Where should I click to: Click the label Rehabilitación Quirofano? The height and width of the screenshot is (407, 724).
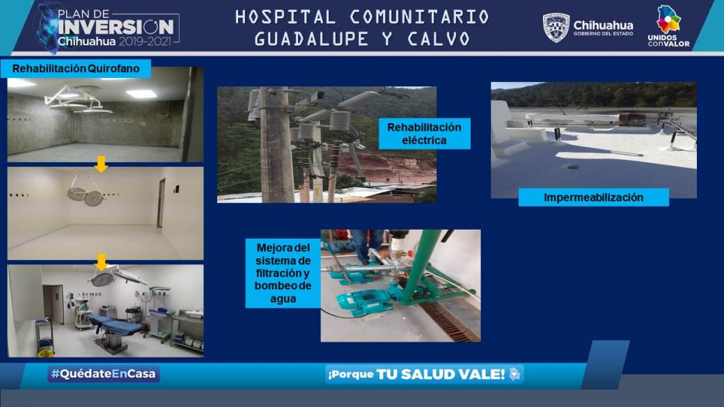[76, 69]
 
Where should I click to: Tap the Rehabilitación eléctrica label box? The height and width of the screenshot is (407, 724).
[425, 134]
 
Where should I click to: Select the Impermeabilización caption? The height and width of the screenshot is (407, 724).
[593, 198]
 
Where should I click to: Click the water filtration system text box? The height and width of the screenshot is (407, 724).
[283, 273]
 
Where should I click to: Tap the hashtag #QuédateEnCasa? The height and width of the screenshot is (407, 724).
[104, 374]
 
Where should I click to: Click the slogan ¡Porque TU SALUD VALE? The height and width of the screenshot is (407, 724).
[424, 374]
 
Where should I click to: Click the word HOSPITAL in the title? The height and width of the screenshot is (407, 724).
[285, 17]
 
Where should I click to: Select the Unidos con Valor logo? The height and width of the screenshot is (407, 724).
[668, 26]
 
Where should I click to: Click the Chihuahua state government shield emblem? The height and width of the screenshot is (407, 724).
[556, 28]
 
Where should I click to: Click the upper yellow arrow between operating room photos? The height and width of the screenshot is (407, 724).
[101, 163]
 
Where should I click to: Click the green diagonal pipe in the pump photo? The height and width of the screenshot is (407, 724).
[418, 268]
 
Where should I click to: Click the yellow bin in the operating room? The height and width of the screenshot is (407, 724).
[46, 353]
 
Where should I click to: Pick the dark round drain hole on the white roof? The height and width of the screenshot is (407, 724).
[572, 166]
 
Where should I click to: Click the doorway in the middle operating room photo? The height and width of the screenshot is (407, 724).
[160, 203]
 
